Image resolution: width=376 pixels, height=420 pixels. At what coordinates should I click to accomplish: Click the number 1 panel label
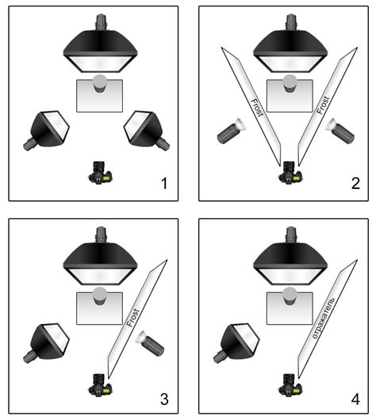coord(164,183)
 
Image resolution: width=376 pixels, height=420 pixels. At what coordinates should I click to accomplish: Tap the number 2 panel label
coord(355,183)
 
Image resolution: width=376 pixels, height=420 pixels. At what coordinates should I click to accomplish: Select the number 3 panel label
coord(164,399)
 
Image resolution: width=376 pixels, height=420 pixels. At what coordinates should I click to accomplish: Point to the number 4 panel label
coord(355,399)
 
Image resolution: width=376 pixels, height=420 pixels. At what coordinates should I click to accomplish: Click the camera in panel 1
coord(100,172)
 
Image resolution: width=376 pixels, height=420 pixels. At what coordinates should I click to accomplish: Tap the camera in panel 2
coord(290,172)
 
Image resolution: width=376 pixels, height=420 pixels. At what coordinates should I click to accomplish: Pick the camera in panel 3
coord(100,385)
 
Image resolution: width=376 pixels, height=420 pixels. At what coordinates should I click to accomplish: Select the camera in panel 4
coord(290,385)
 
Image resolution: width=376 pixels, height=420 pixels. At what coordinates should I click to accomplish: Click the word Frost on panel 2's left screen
coord(257,108)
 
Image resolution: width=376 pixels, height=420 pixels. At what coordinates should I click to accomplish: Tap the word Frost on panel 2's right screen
coord(323,106)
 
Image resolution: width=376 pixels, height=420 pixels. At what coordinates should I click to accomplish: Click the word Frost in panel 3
coord(133,318)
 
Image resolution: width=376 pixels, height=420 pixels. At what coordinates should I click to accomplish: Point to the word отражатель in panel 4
coord(324,318)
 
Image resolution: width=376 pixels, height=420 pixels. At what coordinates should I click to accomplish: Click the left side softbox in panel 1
coord(47,130)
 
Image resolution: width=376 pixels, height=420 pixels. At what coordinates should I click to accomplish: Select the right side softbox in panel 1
coord(147,130)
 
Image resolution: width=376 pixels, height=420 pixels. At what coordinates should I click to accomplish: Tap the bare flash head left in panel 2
coord(232,130)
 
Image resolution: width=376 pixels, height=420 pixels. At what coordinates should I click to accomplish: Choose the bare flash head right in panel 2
coord(340,130)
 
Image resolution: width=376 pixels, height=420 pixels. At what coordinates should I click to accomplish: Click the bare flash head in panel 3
coord(150,344)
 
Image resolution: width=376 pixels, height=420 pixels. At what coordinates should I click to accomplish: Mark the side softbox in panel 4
coord(236,343)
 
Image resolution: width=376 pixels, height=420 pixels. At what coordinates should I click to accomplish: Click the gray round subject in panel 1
coord(100,83)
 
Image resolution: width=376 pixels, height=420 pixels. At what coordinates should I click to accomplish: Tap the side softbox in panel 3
coord(47,343)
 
